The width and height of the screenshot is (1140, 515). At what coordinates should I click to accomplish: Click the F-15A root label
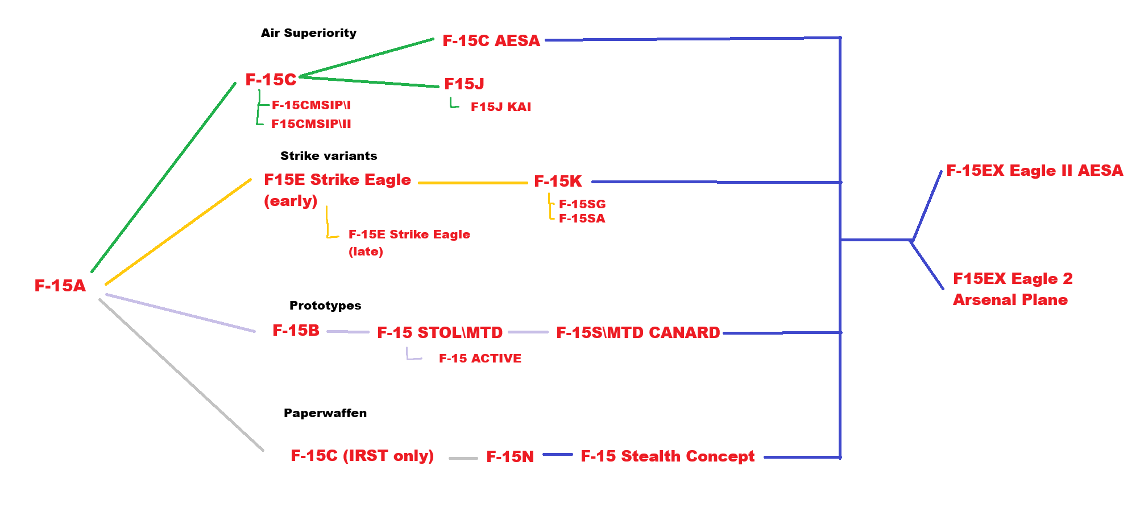pos(60,286)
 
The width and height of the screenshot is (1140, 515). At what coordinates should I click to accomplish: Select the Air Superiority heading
pos(309,33)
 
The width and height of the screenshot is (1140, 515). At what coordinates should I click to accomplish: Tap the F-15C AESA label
pos(491,41)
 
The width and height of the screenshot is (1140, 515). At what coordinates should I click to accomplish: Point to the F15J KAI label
pos(501,107)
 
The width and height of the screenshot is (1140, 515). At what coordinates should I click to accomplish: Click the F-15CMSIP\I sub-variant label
pos(311,105)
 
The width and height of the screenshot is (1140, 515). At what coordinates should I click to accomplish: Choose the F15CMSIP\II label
pos(311,124)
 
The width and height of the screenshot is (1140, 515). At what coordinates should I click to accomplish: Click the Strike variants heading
pos(329,156)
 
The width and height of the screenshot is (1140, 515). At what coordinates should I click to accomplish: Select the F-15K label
pos(558,182)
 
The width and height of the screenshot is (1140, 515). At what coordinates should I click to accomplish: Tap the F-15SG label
pos(582,204)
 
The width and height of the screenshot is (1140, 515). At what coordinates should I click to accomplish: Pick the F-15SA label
pos(582,219)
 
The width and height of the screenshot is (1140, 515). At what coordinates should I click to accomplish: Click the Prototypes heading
pos(325,306)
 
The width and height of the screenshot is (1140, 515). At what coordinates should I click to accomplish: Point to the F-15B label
pos(296,331)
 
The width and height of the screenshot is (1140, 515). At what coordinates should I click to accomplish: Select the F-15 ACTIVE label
pos(480,359)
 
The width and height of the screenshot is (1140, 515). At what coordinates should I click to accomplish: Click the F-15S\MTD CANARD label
pos(638,333)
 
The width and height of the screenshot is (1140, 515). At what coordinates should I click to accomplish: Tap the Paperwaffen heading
pos(325,413)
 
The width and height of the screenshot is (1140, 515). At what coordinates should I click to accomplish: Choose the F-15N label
pos(510,457)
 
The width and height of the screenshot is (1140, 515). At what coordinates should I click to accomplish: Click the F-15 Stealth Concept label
pos(668,456)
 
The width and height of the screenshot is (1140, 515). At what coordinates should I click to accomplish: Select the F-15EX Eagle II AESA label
pos(1034,171)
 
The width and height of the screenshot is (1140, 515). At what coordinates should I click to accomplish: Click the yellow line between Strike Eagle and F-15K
pos(473,183)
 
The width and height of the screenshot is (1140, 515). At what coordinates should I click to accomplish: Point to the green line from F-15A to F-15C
pos(164,177)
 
